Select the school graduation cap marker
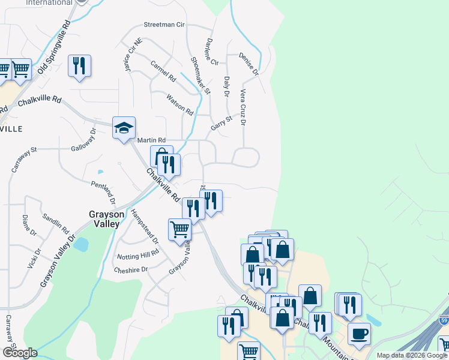pyautogui.click(x=124, y=128)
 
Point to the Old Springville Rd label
pyautogui.click(x=54, y=48)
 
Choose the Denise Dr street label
pyautogui.click(x=248, y=63)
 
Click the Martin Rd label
pyautogui.click(x=151, y=140)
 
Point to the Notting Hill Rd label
pyautogui.click(x=137, y=253)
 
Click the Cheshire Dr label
pyautogui.click(x=130, y=270)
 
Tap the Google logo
pyautogui.click(x=19, y=353)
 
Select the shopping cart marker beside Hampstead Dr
pyautogui.click(x=179, y=229)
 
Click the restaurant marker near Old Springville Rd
pyautogui.click(x=79, y=65)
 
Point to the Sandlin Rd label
pyautogui.click(x=56, y=222)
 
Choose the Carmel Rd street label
pyautogui.click(x=163, y=70)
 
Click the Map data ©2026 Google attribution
pyautogui.click(x=412, y=355)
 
